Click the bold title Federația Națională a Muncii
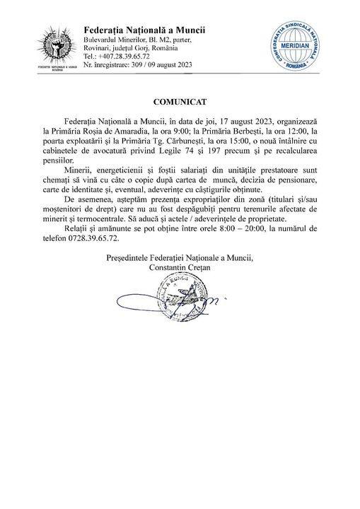pyautogui.click(x=144, y=30)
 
